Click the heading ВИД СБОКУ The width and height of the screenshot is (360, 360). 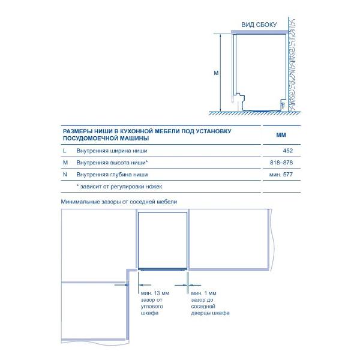tap(259, 25)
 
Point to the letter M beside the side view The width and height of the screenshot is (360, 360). tap(215, 73)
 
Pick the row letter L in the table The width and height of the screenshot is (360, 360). tap(64, 151)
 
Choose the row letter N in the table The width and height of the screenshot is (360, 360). tap(64, 175)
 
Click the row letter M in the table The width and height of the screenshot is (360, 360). tap(65, 163)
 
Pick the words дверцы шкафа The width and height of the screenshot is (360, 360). tap(210, 314)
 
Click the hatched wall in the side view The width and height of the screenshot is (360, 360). tap(295, 66)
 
